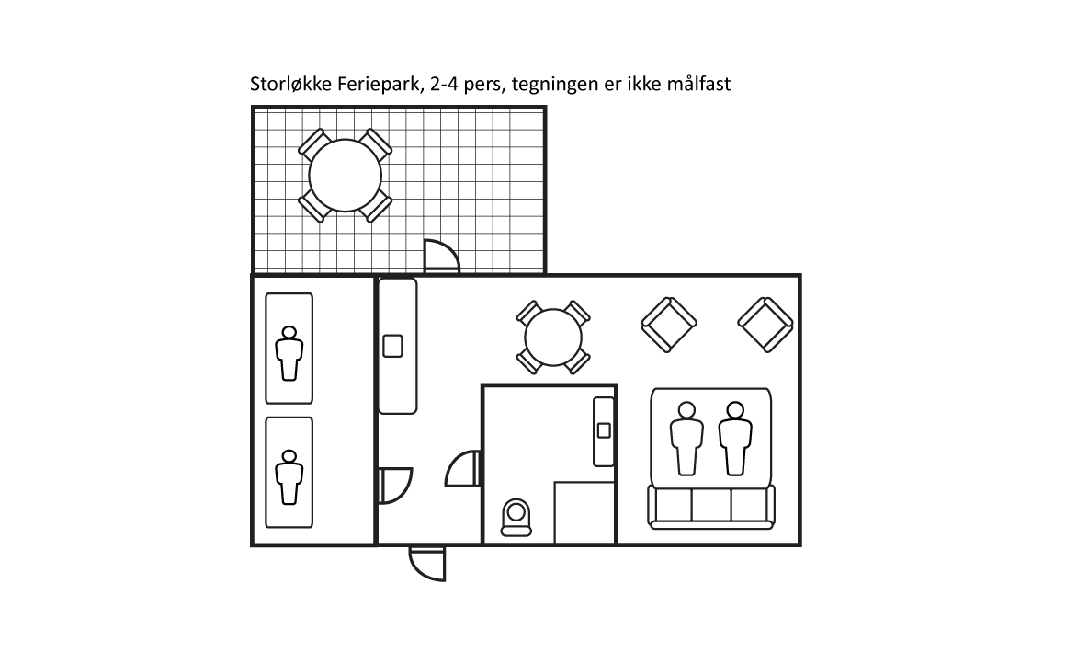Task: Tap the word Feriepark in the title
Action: click(376, 85)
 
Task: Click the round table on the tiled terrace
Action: click(345, 176)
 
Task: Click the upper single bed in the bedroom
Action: click(289, 349)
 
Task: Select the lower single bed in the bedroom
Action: click(289, 472)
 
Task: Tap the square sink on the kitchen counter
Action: click(392, 346)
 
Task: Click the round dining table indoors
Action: click(552, 338)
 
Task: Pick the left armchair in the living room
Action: click(668, 325)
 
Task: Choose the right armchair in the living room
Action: click(765, 325)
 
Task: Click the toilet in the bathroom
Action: click(516, 517)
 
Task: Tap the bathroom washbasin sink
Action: click(604, 429)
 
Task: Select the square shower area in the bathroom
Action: click(584, 512)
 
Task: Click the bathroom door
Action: click(465, 469)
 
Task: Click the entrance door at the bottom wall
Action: click(427, 562)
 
